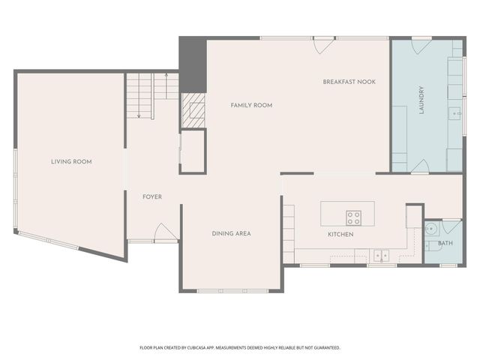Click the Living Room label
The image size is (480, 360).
point(71,162)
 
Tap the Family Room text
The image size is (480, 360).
point(251,105)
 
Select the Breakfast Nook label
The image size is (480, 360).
point(349,82)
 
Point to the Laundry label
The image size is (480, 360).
point(421,100)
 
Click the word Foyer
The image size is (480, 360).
point(152,196)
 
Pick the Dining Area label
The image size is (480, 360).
point(231,233)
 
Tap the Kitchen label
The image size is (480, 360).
point(340,235)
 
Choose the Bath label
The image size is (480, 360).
point(445,243)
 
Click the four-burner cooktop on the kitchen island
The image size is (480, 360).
point(353,218)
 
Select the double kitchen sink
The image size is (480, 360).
point(381,255)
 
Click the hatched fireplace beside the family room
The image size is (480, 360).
point(193,110)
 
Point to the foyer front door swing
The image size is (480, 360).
point(166,232)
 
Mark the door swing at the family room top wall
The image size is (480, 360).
point(323,46)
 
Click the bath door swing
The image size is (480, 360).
point(451,228)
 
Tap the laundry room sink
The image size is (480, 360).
point(455,113)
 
